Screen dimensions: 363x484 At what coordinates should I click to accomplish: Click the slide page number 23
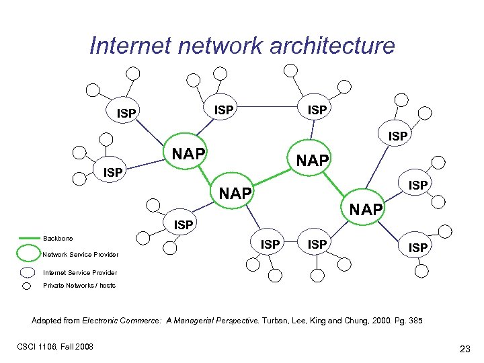point(464,348)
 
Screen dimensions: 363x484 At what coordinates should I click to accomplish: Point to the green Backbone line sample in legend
point(30,238)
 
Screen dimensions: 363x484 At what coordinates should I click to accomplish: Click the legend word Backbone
point(58,239)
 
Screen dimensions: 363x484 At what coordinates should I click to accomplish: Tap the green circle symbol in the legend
point(28,253)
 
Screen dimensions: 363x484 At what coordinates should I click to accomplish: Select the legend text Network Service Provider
point(80,255)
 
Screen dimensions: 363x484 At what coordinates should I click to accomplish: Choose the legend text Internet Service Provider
point(79,272)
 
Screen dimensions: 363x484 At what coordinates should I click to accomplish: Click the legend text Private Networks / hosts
point(79,286)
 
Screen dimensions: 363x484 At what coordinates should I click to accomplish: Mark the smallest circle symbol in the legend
point(27,286)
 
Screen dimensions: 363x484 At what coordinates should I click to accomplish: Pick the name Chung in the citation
point(348,321)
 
